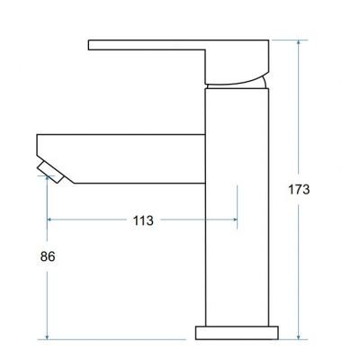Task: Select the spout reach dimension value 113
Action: (142, 220)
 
